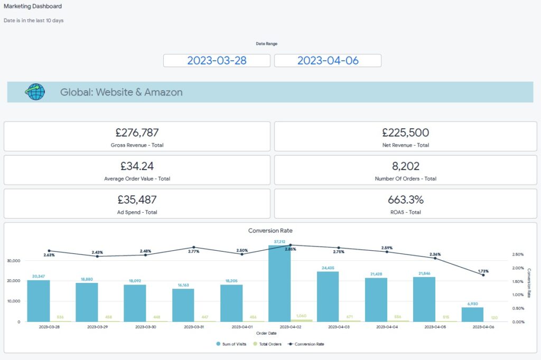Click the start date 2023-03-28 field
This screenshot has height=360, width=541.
[217, 61]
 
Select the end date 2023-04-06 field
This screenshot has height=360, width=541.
[328, 61]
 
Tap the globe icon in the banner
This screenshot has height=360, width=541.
[35, 92]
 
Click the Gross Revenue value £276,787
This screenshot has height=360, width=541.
[137, 132]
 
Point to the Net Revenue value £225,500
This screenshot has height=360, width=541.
[405, 132]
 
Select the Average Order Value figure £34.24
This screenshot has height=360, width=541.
[137, 166]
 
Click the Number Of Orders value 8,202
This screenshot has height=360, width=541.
[405, 166]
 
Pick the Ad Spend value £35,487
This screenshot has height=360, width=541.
[137, 200]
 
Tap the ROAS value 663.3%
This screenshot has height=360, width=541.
[405, 200]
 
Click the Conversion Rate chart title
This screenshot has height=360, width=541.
[270, 231]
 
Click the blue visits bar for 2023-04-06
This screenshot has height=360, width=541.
[473, 315]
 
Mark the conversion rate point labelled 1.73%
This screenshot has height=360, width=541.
[483, 275]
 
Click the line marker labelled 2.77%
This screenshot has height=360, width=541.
[194, 247]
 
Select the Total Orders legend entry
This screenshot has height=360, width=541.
[268, 344]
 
